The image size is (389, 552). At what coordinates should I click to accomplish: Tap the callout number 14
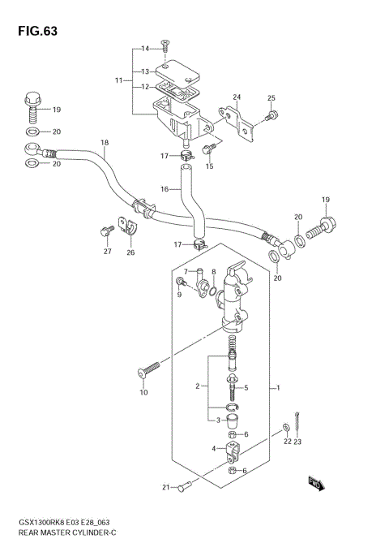click(146, 49)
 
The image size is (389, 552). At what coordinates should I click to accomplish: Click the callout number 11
click(119, 80)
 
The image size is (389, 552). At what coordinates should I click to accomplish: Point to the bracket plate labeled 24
click(244, 124)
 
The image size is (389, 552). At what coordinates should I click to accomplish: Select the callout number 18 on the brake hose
click(104, 144)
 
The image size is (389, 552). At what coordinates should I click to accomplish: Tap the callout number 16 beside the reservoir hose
click(164, 189)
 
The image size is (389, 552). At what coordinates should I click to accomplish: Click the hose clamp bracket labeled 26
click(127, 228)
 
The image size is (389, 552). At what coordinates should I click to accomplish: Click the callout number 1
click(278, 388)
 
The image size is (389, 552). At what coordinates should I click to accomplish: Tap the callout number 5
click(246, 388)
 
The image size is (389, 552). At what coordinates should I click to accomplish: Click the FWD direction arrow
click(315, 485)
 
